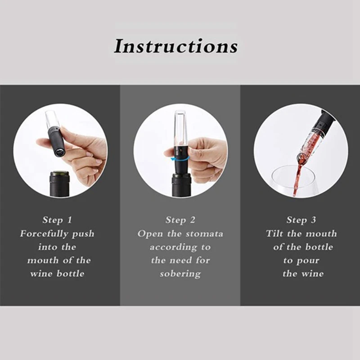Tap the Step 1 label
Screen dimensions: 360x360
57,220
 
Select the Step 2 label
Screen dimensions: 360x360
180,220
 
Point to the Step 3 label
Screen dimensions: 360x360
301,220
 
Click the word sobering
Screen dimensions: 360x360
180,274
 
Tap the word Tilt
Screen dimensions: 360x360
274,234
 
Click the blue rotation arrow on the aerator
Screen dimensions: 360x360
170,153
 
